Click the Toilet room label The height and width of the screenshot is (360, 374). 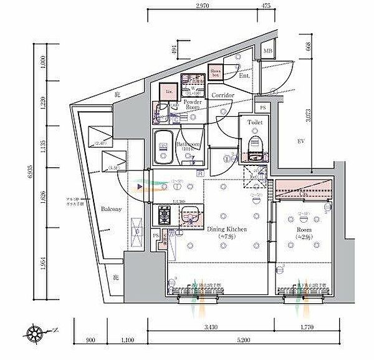[254, 123]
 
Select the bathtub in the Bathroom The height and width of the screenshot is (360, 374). [163, 147]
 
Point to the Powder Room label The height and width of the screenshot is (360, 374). [191, 104]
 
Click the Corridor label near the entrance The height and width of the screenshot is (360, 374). [223, 95]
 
